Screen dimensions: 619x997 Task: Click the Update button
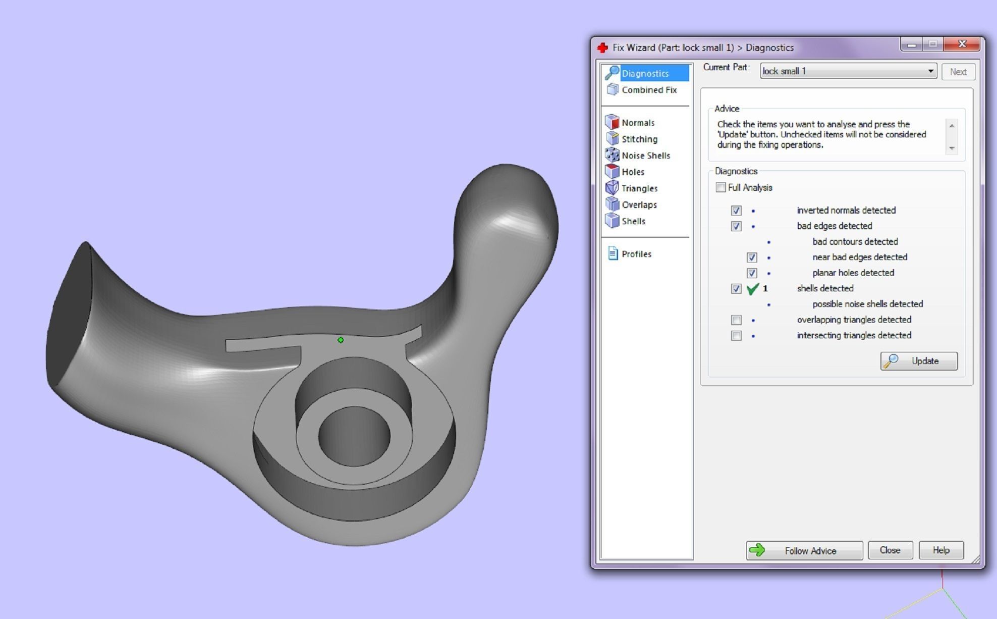pos(918,361)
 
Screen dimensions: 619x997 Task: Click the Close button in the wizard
pos(890,550)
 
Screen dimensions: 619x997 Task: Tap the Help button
pos(940,550)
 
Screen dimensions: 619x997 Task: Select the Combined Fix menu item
pos(648,90)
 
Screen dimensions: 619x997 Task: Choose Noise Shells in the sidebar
pos(645,156)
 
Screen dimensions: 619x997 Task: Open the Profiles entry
pos(636,254)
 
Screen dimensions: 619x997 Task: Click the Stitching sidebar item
pos(639,139)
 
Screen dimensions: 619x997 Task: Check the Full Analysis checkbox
pos(721,187)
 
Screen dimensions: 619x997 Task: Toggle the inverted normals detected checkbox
pos(736,211)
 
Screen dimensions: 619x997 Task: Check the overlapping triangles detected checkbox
pos(736,320)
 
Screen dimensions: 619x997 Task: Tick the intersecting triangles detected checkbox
pos(736,336)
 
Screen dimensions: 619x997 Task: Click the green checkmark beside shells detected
pos(752,289)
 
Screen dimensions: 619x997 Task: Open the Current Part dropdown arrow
pos(930,71)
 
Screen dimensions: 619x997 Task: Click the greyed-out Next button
pos(958,72)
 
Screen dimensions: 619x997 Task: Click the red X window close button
pos(962,44)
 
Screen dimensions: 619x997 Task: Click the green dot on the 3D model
pos(341,340)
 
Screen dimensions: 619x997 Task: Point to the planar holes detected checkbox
pos(752,273)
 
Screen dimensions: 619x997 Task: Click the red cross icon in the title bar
pos(602,48)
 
